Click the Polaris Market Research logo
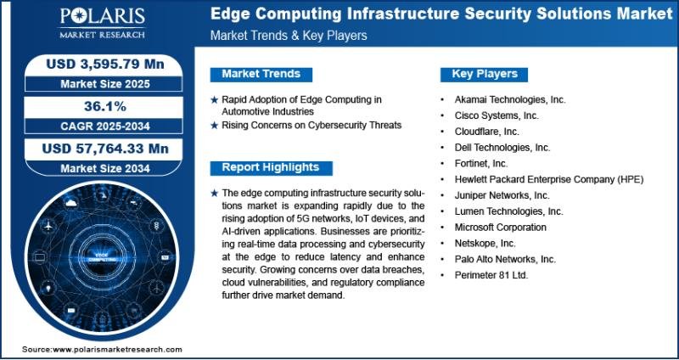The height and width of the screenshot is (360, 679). [102, 23]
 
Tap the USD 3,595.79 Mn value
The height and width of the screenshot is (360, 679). [105, 65]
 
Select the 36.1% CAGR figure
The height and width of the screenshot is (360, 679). [104, 107]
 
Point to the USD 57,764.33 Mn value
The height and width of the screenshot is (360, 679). [105, 149]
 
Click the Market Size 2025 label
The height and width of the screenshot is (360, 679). [105, 83]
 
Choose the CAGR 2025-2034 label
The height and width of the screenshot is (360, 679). [105, 126]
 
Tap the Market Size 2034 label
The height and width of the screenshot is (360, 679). [105, 167]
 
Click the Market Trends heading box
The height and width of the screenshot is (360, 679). [261, 74]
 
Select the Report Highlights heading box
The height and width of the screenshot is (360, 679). [271, 167]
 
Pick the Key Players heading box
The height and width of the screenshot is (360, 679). [484, 74]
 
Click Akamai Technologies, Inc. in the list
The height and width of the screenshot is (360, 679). [510, 99]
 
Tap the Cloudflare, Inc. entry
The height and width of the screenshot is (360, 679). [486, 132]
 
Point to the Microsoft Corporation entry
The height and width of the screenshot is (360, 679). [501, 227]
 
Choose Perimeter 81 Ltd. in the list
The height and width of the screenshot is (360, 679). [491, 274]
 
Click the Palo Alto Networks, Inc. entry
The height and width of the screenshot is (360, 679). [505, 259]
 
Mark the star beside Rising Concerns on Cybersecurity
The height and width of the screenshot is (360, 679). [215, 126]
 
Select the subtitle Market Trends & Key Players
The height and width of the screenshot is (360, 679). [289, 36]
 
